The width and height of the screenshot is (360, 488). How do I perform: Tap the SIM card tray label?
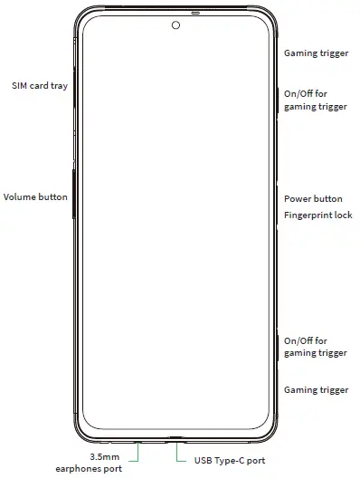click(x=39, y=86)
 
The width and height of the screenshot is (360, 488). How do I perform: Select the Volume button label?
click(x=35, y=196)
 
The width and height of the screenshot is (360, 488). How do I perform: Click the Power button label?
click(x=313, y=198)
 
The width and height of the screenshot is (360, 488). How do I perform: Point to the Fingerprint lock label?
click(x=317, y=215)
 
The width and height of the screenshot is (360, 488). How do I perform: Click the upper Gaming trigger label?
click(x=316, y=53)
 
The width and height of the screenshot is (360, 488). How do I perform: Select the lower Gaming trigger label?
click(x=316, y=389)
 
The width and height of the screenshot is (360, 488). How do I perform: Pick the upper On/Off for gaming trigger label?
click(x=315, y=100)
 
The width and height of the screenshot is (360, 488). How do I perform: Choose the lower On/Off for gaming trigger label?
click(x=315, y=347)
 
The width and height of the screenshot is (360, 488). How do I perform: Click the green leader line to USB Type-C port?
click(x=178, y=454)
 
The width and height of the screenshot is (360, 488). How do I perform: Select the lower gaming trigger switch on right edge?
click(x=276, y=344)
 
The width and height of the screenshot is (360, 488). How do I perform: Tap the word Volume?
click(x=19, y=196)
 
